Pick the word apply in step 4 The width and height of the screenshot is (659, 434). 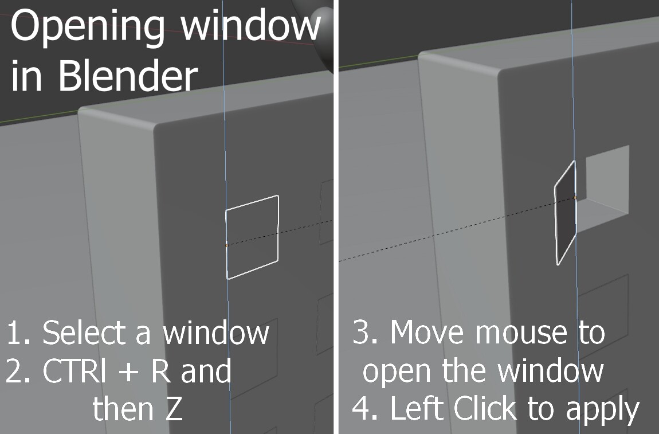click(x=603, y=410)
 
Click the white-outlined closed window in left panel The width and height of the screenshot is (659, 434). click(x=253, y=197)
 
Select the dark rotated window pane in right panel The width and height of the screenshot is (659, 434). click(x=565, y=212)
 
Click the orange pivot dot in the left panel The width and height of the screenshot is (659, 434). click(x=227, y=245)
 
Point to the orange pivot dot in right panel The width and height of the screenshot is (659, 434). click(x=575, y=197)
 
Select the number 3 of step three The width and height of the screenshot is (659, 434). click(x=361, y=332)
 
